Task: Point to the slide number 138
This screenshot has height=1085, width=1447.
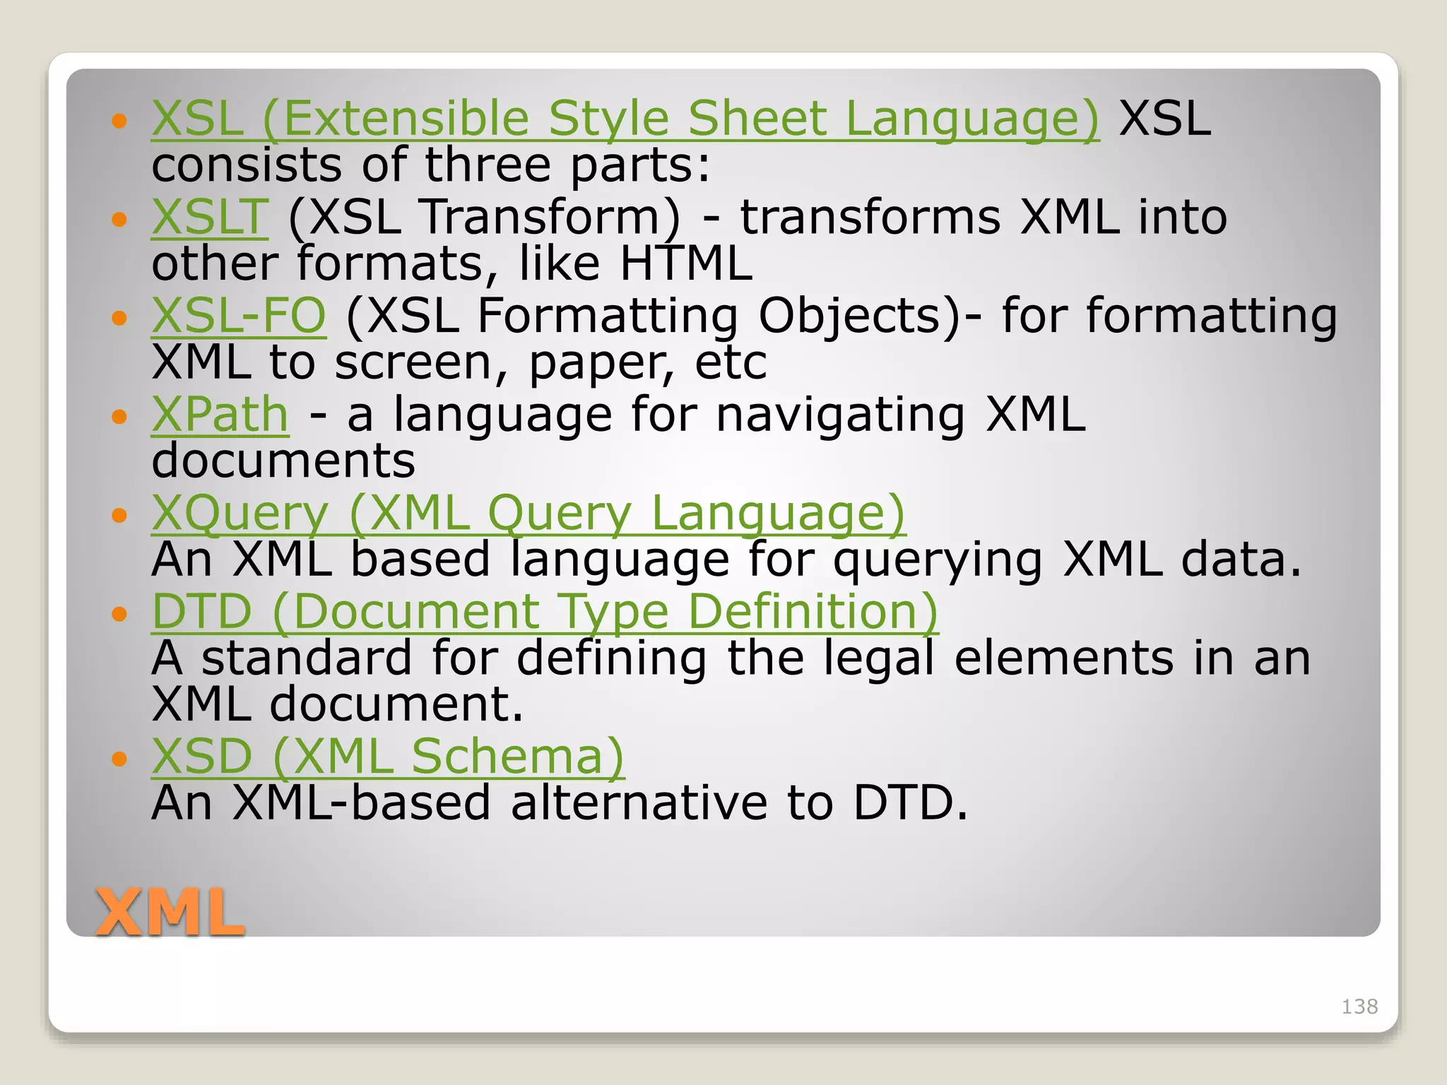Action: coord(1359,1007)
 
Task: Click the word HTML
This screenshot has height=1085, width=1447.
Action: coord(686,263)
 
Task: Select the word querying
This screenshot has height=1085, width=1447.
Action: coord(938,560)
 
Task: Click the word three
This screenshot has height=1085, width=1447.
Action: coord(487,165)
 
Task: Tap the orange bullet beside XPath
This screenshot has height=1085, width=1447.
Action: coord(119,417)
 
